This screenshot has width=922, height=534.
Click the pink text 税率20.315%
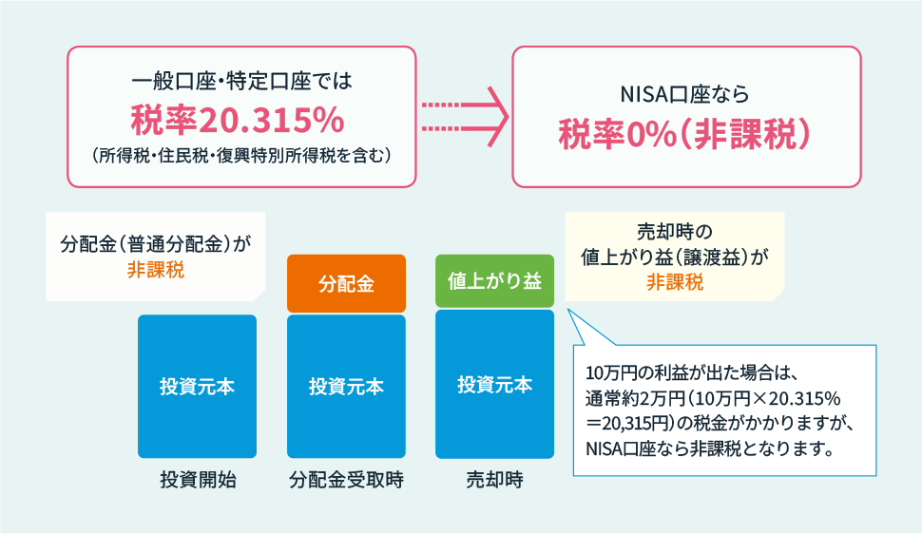click(x=238, y=120)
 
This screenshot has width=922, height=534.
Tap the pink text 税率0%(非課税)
click(x=685, y=134)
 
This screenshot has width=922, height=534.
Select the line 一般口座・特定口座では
click(x=241, y=81)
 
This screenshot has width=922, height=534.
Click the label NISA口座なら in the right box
click(x=685, y=94)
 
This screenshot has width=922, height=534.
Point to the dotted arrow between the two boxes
click(x=465, y=117)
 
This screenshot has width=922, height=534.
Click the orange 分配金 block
click(x=346, y=283)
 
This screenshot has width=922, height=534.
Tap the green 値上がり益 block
click(x=494, y=281)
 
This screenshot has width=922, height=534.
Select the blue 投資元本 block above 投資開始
click(x=197, y=387)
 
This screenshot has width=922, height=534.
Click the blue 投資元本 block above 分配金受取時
click(x=346, y=387)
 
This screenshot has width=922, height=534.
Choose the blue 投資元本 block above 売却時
click(x=494, y=384)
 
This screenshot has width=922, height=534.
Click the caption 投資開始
click(x=198, y=480)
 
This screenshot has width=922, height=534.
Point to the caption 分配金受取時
click(x=346, y=480)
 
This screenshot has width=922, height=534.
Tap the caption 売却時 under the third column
click(x=494, y=480)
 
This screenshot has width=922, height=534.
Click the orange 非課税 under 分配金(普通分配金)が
click(x=156, y=270)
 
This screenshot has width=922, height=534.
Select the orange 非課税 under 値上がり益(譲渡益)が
click(x=675, y=282)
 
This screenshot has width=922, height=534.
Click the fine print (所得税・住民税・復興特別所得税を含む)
click(x=241, y=156)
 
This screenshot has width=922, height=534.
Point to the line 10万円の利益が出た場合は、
click(x=691, y=372)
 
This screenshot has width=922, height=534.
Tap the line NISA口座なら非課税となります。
click(x=710, y=448)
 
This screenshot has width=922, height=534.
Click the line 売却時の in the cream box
click(x=675, y=232)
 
